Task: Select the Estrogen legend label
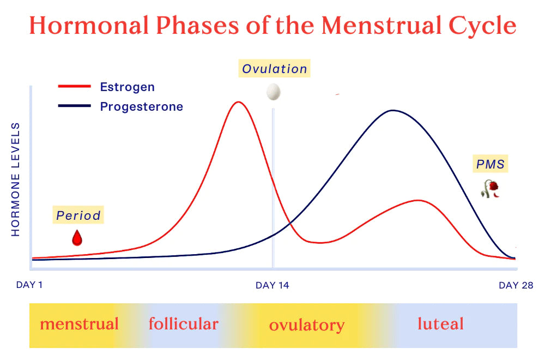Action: tap(127, 87)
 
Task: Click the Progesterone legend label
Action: tap(141, 106)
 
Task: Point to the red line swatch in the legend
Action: tap(74, 87)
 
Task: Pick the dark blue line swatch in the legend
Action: tap(74, 106)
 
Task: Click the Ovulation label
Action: tap(275, 69)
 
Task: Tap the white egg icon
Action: tap(273, 92)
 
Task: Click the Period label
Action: tap(78, 215)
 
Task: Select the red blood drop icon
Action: tap(77, 238)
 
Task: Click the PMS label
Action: tap(491, 164)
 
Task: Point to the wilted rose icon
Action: tap(491, 188)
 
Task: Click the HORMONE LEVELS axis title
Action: tap(16, 179)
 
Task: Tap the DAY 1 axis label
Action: tap(29, 285)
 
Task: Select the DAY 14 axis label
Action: tap(272, 285)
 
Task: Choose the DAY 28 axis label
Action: tap(516, 285)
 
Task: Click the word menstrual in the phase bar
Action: tap(79, 324)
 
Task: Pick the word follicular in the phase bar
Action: tap(183, 324)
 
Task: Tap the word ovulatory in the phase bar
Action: tap(307, 326)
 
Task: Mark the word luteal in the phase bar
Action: tap(440, 324)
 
